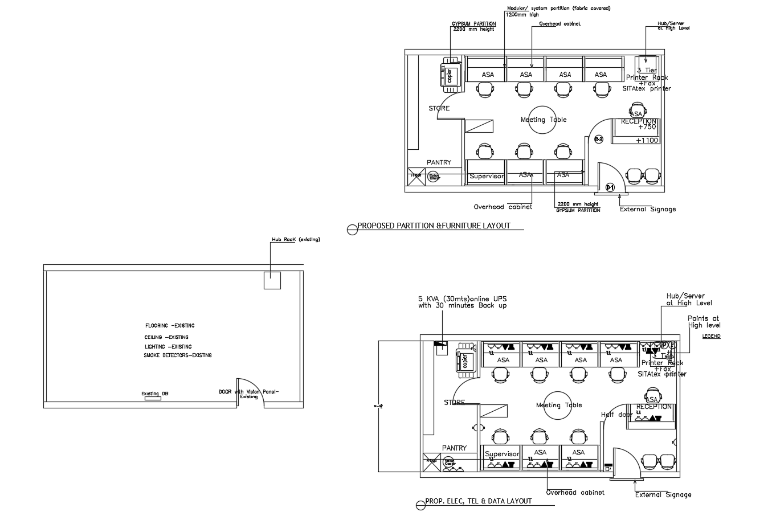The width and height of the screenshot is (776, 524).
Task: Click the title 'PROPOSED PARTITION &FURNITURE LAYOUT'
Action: tap(434, 226)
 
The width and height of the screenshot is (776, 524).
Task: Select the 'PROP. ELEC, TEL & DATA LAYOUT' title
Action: tap(478, 501)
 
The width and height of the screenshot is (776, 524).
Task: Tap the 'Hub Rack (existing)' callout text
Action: tap(295, 239)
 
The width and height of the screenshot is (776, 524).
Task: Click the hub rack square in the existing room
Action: tap(272, 280)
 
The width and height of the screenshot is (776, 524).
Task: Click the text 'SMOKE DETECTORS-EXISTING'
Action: tap(177, 355)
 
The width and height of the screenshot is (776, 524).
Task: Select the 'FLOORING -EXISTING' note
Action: tap(169, 326)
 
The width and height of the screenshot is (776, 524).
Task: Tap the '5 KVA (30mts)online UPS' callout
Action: tap(462, 298)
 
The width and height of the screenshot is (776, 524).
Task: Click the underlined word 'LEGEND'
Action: tap(711, 337)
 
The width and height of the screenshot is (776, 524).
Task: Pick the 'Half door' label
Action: tap(616, 415)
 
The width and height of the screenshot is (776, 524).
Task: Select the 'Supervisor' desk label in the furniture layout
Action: tap(486, 177)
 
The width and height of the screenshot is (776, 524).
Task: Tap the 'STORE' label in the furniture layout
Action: tap(439, 108)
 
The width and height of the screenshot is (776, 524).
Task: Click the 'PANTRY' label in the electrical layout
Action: tap(454, 448)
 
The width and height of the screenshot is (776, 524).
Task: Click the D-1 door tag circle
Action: tap(610, 187)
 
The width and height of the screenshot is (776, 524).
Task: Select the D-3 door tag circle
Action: tap(598, 140)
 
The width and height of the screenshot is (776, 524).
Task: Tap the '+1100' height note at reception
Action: tap(647, 140)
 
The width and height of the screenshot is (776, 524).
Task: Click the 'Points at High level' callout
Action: tap(704, 322)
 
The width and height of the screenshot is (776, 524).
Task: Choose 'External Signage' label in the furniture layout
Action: tap(648, 209)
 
